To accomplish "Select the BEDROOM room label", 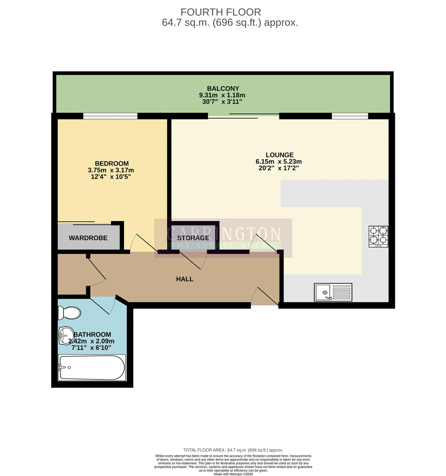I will click(x=111, y=164).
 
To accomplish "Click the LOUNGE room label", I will click(x=279, y=155).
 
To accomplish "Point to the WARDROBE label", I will click(x=88, y=238).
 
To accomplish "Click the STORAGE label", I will click(x=193, y=238).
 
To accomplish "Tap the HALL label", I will click(x=185, y=279).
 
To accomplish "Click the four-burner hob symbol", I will click(x=378, y=236).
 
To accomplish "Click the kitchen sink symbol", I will click(x=333, y=292).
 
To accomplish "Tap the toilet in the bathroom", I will click(x=69, y=313).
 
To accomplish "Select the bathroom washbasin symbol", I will click(x=67, y=336).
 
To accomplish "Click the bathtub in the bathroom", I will click(x=92, y=368).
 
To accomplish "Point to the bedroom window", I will click(x=110, y=116).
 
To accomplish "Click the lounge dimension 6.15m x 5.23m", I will click(x=279, y=162).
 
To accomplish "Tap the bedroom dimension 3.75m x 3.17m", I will click(x=111, y=170).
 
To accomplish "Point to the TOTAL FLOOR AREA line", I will click(x=233, y=450).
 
